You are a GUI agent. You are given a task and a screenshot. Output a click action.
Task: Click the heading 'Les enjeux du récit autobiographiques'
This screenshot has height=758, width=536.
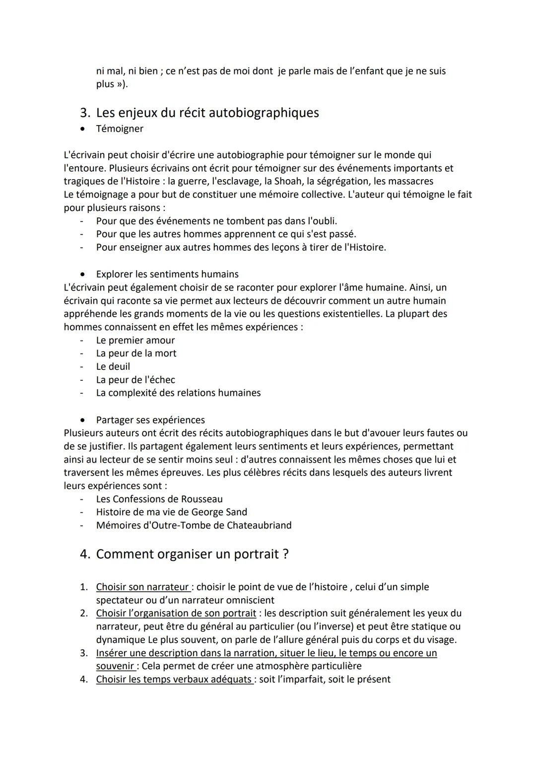click(207, 113)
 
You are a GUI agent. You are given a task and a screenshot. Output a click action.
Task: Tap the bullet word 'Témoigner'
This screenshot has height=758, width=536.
click(120, 129)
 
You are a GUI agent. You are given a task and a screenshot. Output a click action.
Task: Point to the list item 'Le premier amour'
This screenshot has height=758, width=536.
click(135, 340)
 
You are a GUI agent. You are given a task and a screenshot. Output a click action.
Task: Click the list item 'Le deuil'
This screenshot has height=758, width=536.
click(113, 366)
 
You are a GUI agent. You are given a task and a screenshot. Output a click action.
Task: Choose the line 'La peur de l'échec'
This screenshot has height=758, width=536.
click(135, 380)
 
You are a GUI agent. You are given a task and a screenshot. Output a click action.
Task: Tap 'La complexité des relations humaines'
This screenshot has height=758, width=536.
click(178, 393)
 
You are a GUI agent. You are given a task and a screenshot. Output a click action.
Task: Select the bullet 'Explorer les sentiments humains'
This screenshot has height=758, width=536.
click(167, 274)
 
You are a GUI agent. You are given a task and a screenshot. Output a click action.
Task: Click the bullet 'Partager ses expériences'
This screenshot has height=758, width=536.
click(150, 420)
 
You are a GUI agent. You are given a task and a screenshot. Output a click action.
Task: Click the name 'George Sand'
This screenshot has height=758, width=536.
click(219, 512)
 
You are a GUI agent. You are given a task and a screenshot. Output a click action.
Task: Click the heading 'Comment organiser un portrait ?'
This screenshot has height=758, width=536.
click(192, 554)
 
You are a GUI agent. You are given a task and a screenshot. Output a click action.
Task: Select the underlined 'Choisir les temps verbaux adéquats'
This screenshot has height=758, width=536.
click(174, 679)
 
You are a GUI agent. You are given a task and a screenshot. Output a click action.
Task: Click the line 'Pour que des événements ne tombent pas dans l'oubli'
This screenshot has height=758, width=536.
click(216, 221)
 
